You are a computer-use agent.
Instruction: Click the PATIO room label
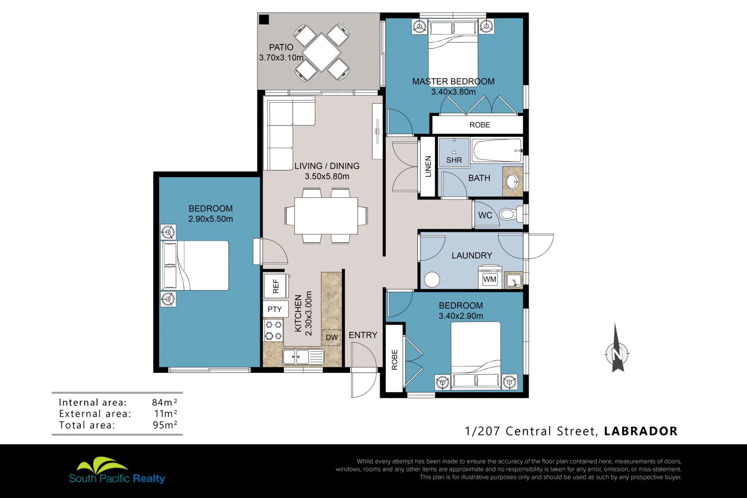(281, 47)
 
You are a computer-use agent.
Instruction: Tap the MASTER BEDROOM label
(453, 81)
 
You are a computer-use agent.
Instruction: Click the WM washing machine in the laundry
(490, 277)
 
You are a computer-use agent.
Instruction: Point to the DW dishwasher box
(331, 337)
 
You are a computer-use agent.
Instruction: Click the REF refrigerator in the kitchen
(276, 286)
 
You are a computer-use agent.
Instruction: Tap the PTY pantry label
(275, 309)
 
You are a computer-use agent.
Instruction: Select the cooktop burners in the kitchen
(273, 330)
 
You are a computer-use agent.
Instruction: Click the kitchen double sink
(303, 357)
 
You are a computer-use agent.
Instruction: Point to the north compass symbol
(617, 350)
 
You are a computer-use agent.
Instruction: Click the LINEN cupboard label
(428, 167)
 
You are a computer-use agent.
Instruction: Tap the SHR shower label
(454, 160)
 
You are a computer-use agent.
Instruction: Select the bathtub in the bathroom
(497, 151)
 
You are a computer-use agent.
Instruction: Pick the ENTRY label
(363, 335)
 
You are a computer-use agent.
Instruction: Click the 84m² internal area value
(164, 402)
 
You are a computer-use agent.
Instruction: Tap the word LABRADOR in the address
(641, 431)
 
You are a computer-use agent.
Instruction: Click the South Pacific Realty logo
(117, 471)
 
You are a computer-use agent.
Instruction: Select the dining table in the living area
(326, 216)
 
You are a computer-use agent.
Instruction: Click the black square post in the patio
(264, 19)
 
